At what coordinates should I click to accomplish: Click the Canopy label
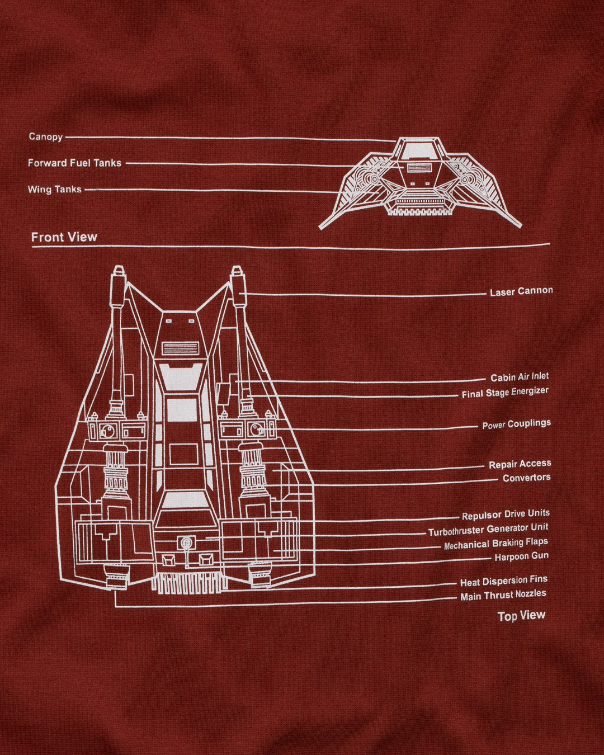[45, 136]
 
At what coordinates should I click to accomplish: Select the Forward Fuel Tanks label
[74, 163]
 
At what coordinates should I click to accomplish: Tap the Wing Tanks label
[55, 190]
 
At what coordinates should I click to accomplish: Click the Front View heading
[64, 237]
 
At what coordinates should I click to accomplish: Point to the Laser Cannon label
[521, 291]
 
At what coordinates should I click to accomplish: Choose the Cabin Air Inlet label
[520, 377]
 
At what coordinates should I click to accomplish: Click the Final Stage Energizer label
[505, 393]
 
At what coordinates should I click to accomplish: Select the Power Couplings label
[516, 424]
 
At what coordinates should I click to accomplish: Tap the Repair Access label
[520, 464]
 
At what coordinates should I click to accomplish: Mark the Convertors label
[526, 478]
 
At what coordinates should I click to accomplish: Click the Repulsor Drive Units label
[506, 515]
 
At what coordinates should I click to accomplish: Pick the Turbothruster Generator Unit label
[488, 530]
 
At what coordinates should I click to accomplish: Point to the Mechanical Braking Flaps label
[496, 544]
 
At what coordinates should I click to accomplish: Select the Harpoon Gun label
[521, 557]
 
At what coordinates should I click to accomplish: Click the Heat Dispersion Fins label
[503, 581]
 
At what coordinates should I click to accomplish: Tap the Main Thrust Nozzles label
[503, 596]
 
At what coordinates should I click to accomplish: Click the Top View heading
[521, 616]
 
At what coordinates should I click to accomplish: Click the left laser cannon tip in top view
[117, 272]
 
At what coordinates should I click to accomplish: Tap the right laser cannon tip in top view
[237, 272]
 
